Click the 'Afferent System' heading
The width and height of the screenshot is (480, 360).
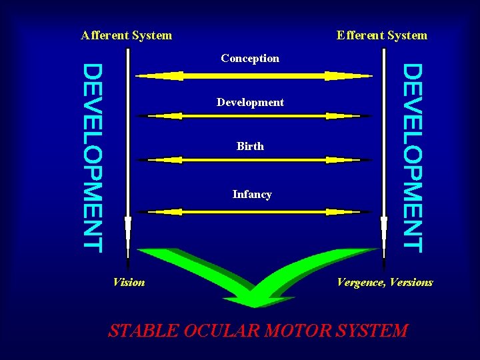[x=126, y=35]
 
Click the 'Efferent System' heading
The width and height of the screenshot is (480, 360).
[x=382, y=35]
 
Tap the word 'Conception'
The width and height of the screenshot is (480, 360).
[x=250, y=58]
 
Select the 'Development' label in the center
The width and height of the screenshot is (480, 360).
[x=250, y=102]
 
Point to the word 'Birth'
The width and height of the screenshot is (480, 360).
[x=250, y=146]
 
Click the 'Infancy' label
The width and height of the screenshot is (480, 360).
[x=252, y=195]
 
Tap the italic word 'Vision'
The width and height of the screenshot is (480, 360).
[x=129, y=282]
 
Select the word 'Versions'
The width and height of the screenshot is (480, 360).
[x=411, y=282]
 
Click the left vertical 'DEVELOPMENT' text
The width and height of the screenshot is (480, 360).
[x=93, y=157]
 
